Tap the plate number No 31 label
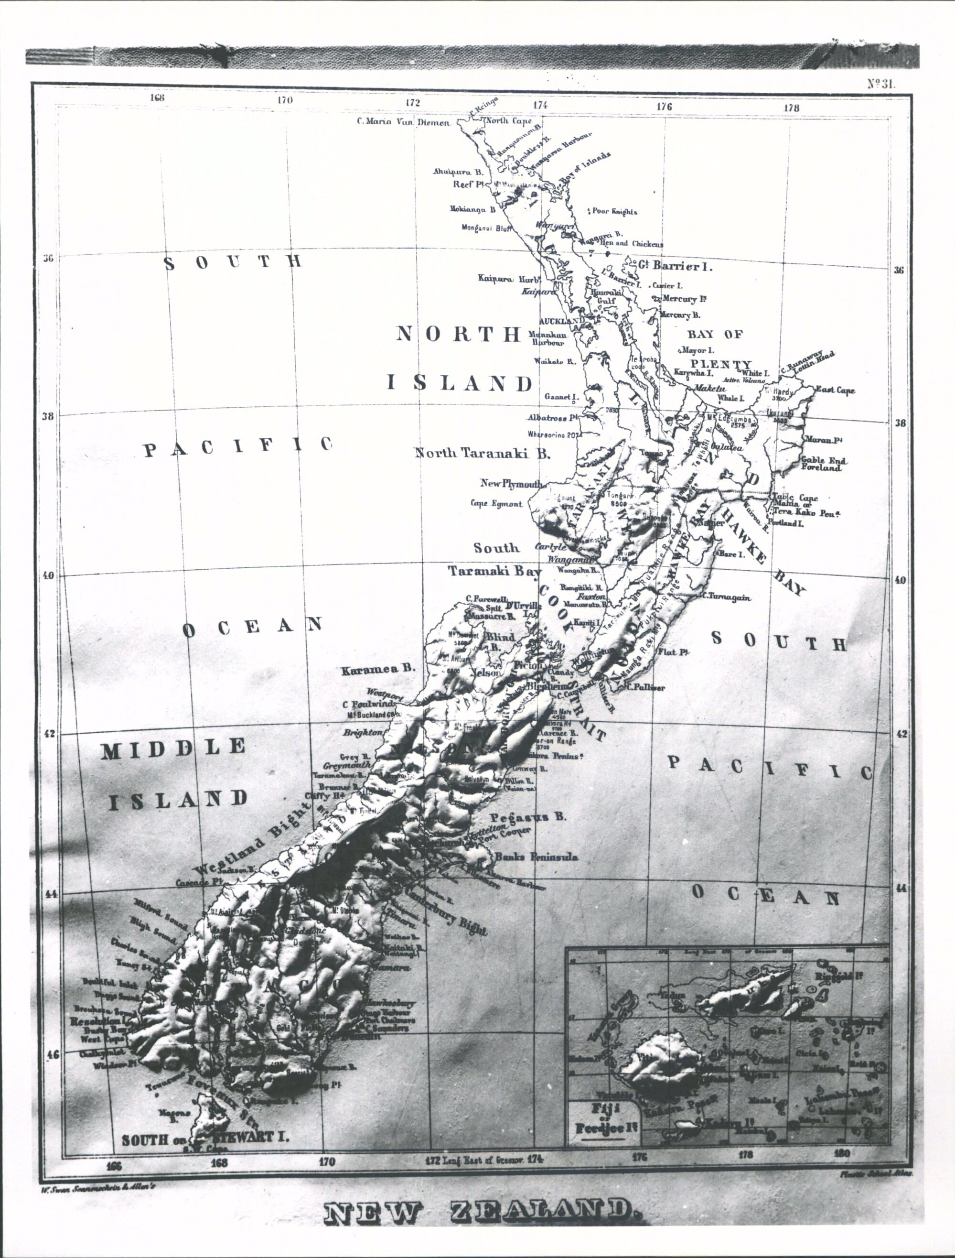[x=880, y=84]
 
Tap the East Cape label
[x=835, y=390]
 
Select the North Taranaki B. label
[x=482, y=453]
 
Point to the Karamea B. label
[x=377, y=669]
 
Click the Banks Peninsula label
[x=536, y=857]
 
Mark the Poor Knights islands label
[x=614, y=212]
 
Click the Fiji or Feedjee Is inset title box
[x=604, y=1117]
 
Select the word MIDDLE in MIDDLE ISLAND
[x=173, y=749]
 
